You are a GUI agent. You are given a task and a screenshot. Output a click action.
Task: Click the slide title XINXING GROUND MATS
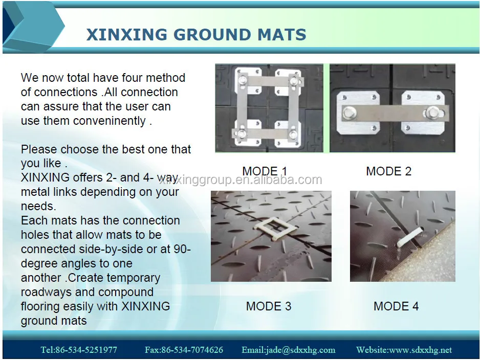(x=196, y=35)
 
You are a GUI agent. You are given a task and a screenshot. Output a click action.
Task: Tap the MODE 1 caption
(x=265, y=171)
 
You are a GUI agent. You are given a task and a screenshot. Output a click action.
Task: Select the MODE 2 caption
(x=388, y=171)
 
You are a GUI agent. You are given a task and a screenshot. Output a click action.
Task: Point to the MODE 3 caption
(x=268, y=306)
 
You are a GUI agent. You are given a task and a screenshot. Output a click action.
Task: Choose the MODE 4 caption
(x=396, y=306)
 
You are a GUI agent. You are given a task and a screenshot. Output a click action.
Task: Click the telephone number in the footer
(x=79, y=350)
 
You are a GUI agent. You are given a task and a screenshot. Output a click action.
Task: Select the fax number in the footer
(x=184, y=350)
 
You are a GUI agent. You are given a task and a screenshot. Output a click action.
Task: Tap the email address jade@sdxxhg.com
(x=289, y=350)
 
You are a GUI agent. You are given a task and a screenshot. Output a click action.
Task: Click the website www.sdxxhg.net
(x=404, y=350)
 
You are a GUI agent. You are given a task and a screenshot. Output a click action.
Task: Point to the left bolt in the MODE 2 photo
(x=348, y=112)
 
